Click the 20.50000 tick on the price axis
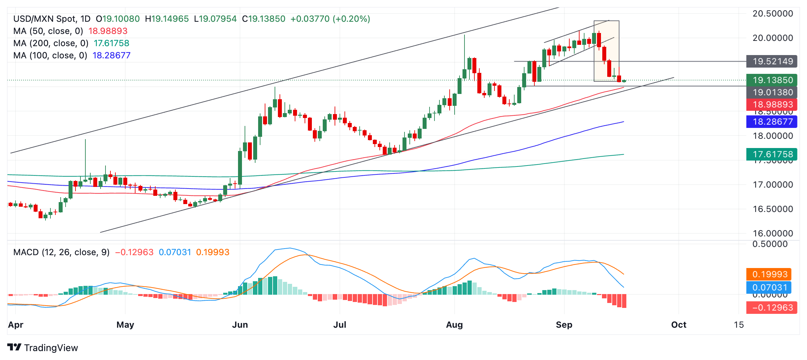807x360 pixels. pos(772,14)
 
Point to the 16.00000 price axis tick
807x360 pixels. pos(772,233)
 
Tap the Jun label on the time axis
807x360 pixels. pos(240,325)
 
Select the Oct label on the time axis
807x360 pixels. pos(678,325)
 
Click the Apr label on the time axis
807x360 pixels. pos(15,325)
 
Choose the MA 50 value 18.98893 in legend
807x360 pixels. pos(108,31)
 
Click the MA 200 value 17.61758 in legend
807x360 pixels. pos(111,43)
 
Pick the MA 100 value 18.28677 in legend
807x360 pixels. pos(111,55)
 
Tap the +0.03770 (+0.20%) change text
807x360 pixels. pos(330,19)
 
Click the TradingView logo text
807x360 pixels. pos(51,348)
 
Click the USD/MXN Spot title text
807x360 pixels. pos(45,19)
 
